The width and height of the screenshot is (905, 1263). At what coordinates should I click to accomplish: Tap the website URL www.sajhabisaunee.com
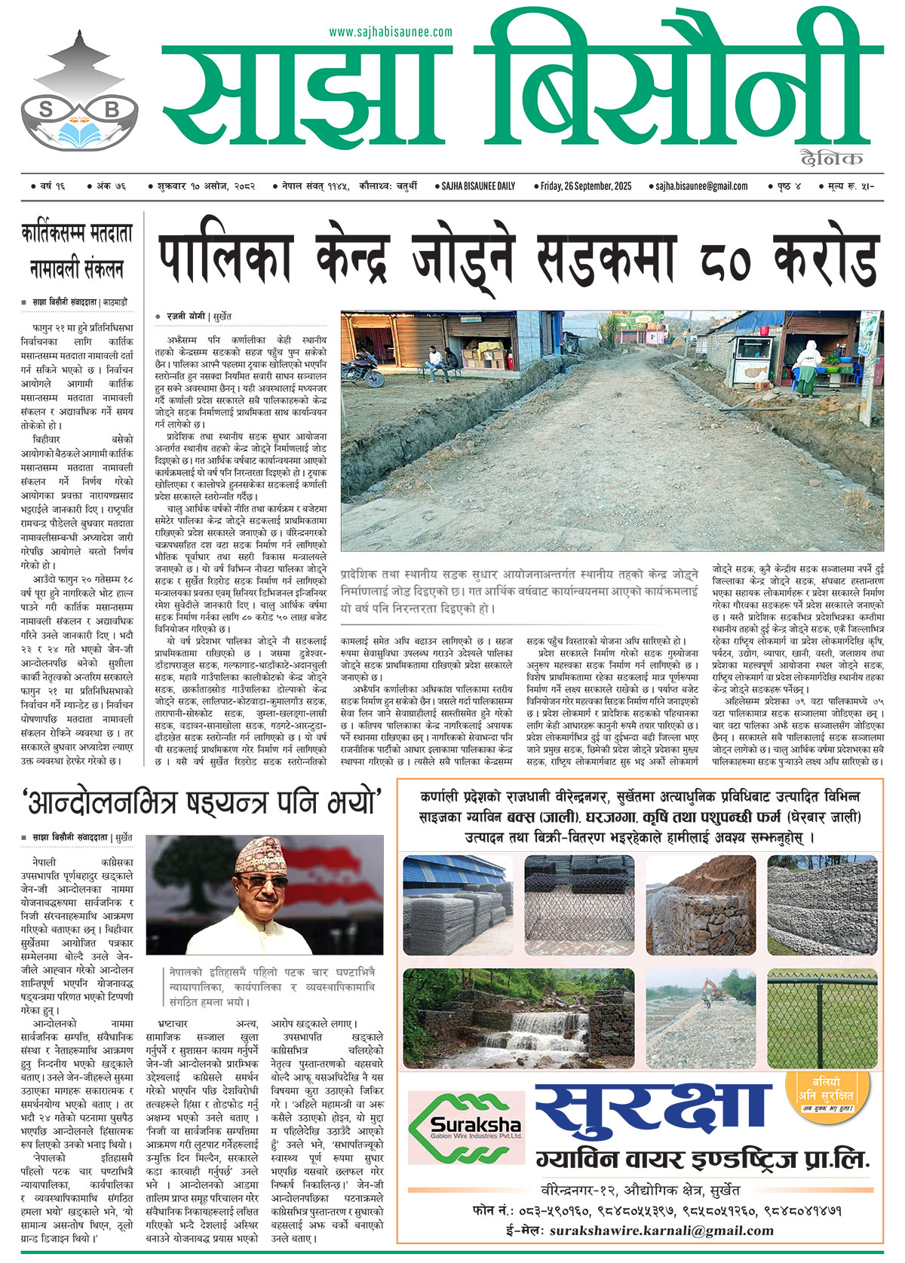[391, 32]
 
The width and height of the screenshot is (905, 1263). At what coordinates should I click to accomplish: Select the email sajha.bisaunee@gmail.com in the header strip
[701, 185]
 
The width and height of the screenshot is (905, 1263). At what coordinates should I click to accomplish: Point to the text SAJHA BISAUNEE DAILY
[478, 185]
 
